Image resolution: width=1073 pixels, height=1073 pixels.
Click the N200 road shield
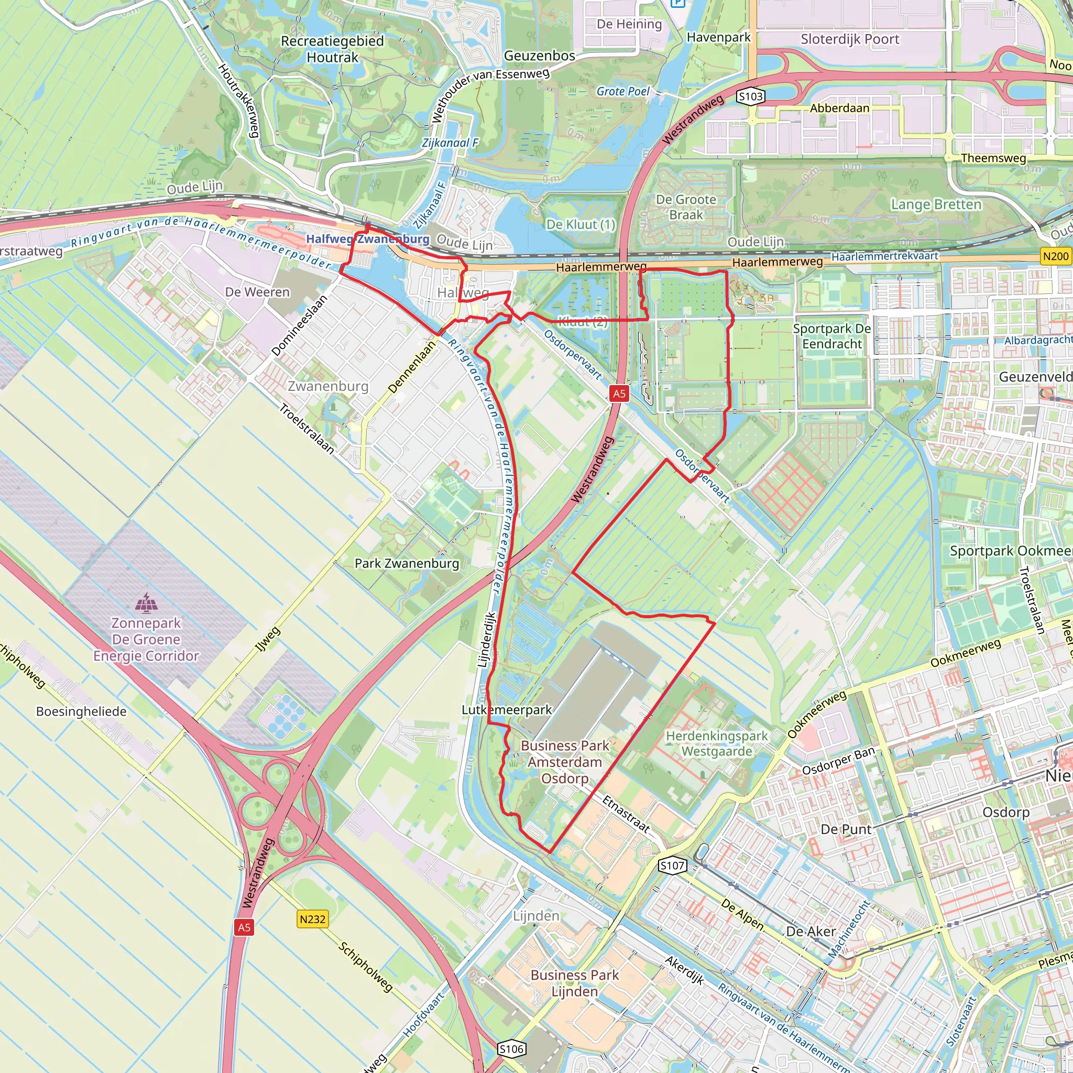tap(1055, 256)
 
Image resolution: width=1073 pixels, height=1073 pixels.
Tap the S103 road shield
tap(750, 96)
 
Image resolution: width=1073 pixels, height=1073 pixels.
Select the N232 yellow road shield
tap(312, 919)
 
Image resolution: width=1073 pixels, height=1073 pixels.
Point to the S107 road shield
tap(672, 866)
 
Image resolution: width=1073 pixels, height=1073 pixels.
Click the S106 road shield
tap(511, 1049)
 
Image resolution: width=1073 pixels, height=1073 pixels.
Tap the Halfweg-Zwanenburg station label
tap(367, 239)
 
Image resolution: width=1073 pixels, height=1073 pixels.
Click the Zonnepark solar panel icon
tap(146, 602)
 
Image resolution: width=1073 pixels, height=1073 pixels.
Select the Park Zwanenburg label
tap(407, 563)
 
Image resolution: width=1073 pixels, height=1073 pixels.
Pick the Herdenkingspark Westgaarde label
tap(716, 743)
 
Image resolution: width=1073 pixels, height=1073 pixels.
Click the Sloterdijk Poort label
tap(850, 39)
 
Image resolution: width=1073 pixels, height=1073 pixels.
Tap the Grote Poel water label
tap(622, 91)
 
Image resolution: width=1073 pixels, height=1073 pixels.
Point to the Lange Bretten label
tap(936, 204)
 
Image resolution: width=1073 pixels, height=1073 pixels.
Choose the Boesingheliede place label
tap(81, 711)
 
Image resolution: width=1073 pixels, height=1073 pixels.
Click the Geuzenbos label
tap(539, 56)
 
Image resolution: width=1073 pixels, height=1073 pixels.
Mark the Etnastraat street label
tap(626, 814)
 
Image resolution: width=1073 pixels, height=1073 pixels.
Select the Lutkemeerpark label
tap(507, 710)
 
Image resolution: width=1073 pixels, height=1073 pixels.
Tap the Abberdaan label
tap(839, 108)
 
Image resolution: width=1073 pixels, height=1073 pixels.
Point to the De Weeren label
tap(257, 292)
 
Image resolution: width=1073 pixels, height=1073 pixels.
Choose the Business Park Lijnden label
tap(574, 983)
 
